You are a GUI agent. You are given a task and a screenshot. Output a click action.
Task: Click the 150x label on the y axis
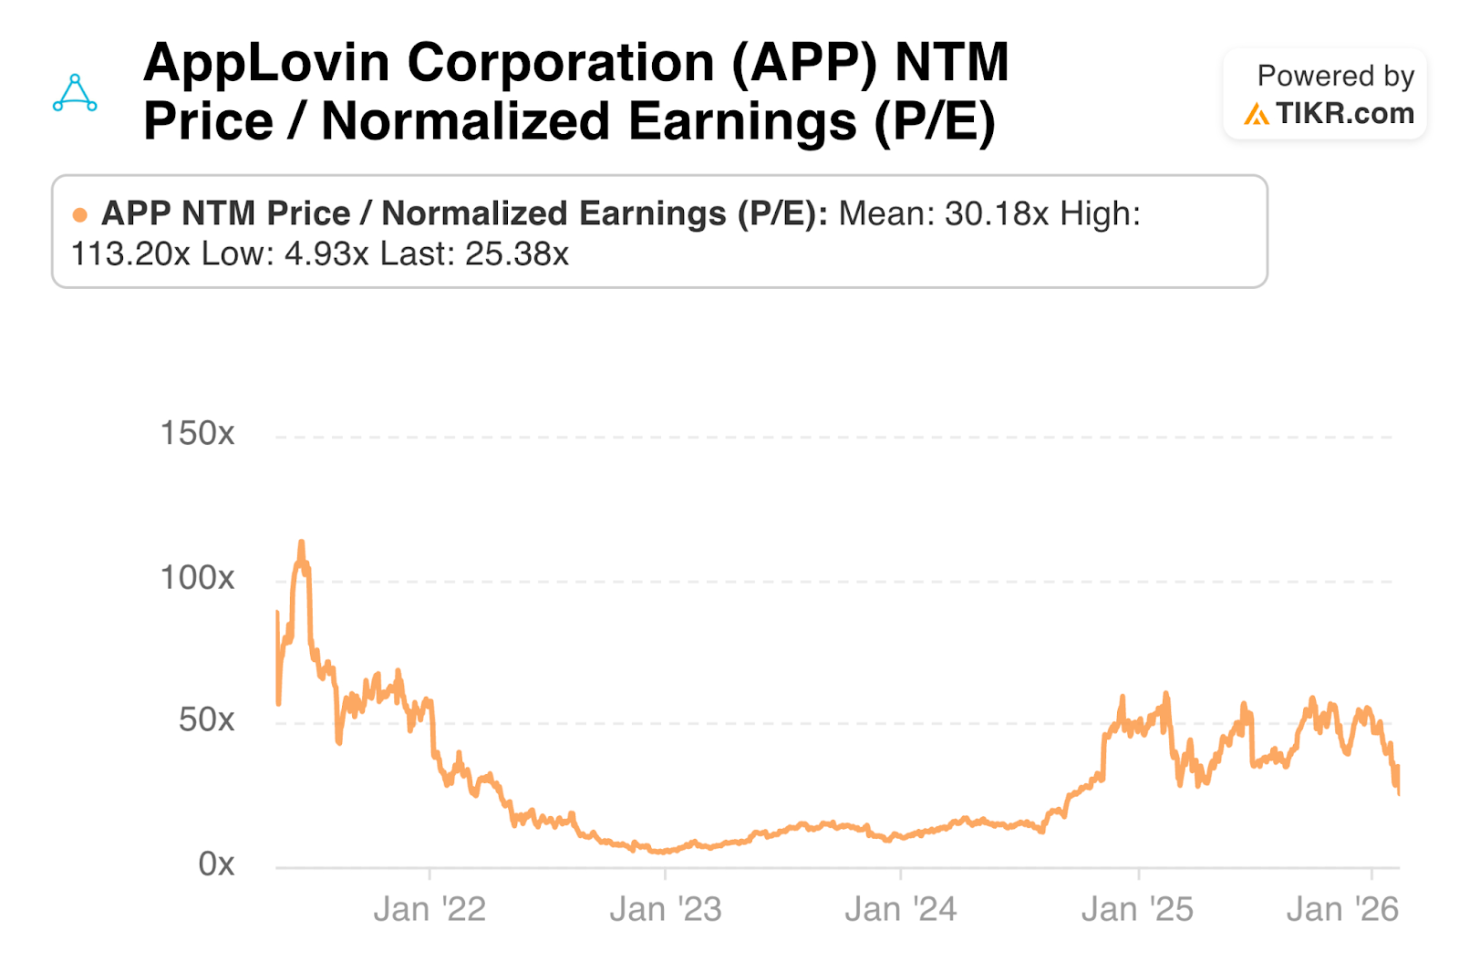pos(197,433)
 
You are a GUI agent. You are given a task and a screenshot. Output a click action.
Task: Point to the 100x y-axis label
pos(197,577)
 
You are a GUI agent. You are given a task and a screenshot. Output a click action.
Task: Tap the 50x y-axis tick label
pos(206,720)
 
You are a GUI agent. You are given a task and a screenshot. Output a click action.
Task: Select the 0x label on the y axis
pos(216,863)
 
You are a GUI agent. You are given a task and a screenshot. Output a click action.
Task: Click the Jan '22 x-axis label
pos(429,909)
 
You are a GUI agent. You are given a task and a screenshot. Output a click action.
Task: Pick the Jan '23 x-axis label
pos(665,909)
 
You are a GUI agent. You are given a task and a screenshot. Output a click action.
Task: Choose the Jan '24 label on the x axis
pos(901,909)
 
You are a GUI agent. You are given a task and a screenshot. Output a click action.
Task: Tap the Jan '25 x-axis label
pos(1137,909)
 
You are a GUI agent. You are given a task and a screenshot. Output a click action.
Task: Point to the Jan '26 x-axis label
pos(1342,909)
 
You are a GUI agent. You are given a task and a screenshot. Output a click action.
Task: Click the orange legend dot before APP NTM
pos(80,215)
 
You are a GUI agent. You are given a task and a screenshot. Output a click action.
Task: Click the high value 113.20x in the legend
pos(130,253)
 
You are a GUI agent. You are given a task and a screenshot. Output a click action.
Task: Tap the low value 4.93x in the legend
pos(326,253)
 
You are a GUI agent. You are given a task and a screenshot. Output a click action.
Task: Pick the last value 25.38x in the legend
pos(516,253)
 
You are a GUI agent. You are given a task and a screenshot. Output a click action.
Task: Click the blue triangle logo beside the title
pos(75,93)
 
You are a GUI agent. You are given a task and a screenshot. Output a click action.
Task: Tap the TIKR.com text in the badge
pos(1344,113)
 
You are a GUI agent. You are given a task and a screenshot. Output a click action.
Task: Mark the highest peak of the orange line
pos(302,543)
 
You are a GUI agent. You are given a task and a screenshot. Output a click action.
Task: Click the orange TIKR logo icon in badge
pos(1257,114)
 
